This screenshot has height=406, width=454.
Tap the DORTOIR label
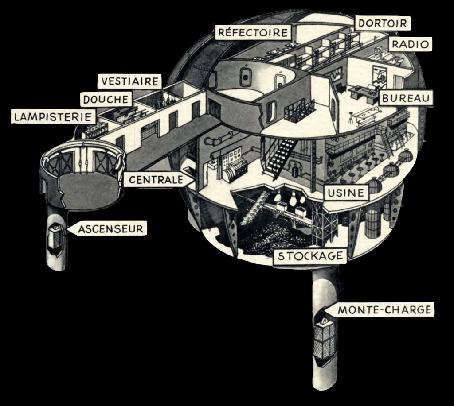(x=383, y=23)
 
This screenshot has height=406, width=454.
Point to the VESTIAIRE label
(x=130, y=81)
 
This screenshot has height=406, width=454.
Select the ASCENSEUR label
(x=111, y=229)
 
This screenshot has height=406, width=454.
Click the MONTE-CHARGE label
(x=384, y=309)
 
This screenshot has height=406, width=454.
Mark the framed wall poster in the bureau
(x=379, y=75)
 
